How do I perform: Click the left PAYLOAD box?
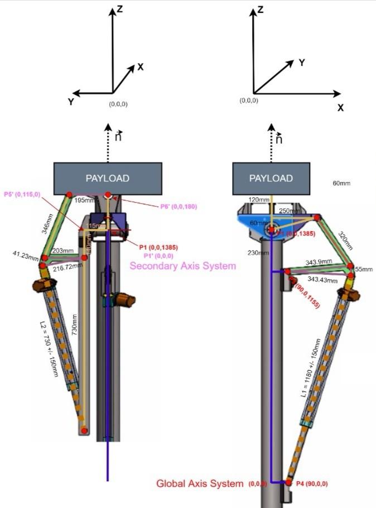(108, 179)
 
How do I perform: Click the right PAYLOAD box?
(271, 179)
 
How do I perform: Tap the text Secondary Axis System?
(183, 266)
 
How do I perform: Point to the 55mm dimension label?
(363, 269)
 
